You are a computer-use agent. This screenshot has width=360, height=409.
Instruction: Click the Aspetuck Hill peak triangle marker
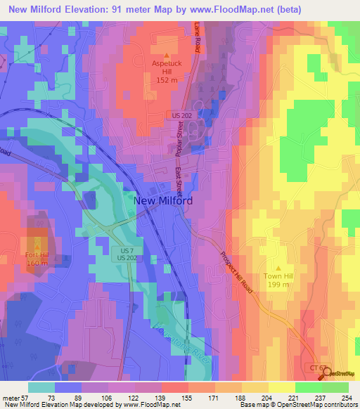point(167,55)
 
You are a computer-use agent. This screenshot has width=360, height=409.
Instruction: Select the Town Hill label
point(279,277)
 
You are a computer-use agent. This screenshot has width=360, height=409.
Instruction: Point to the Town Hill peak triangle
point(279,268)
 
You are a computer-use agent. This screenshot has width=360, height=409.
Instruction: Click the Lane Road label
point(198,36)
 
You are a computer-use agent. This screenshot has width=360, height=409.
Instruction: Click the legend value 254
point(346,398)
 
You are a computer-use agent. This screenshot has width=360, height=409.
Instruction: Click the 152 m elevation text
point(167,79)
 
